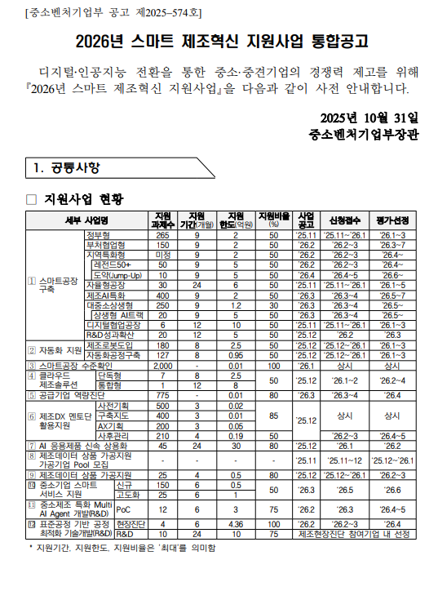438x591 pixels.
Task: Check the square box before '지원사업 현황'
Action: pyautogui.click(x=32, y=198)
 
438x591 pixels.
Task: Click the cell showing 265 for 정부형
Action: pyautogui.click(x=163, y=235)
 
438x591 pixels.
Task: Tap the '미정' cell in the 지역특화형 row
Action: pyautogui.click(x=163, y=255)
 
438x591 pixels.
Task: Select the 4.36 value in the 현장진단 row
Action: pyautogui.click(x=236, y=524)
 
